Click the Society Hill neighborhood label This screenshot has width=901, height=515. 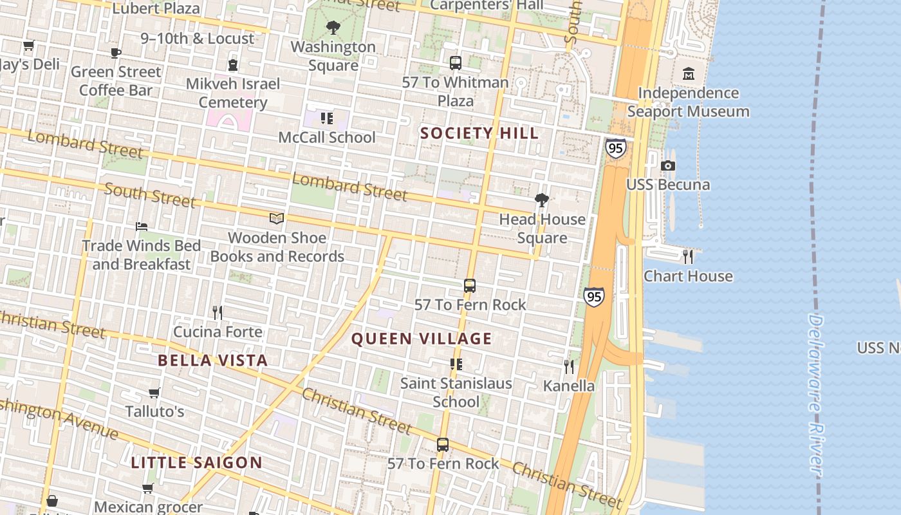(x=479, y=133)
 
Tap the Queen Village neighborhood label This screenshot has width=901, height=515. (x=422, y=339)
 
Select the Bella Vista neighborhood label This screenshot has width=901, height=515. (x=212, y=360)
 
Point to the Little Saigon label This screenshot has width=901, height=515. (x=196, y=462)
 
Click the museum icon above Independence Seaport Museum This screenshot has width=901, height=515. (x=689, y=73)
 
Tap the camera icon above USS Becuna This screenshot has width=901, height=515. (x=668, y=165)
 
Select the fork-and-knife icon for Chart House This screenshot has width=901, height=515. (x=688, y=256)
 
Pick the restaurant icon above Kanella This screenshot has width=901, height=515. (x=569, y=366)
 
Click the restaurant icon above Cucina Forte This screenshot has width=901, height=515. (x=218, y=312)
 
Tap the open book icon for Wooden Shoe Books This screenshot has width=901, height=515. (x=277, y=219)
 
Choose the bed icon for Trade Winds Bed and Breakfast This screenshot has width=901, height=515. (x=142, y=227)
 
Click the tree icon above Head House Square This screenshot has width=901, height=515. (x=542, y=200)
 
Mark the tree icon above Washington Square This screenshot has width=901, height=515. (x=333, y=28)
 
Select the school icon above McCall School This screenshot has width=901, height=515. (x=326, y=118)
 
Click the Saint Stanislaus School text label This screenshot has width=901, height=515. (x=456, y=392)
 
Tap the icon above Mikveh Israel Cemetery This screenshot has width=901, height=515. (x=232, y=64)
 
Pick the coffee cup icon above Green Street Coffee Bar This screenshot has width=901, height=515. (x=115, y=53)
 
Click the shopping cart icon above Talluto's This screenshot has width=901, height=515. (x=154, y=393)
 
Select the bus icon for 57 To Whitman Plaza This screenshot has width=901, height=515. (x=455, y=63)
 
